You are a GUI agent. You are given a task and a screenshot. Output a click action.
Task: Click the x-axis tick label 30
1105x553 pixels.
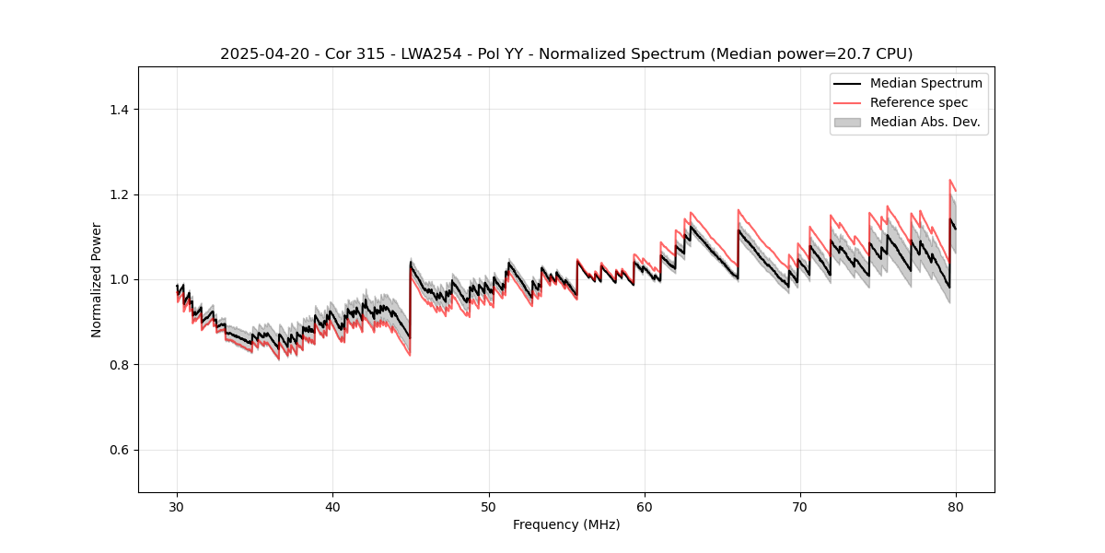pos(177,507)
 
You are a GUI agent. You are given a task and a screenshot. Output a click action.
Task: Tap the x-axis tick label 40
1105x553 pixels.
pos(332,507)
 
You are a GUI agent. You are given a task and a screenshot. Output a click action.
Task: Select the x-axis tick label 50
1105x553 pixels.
pos(489,507)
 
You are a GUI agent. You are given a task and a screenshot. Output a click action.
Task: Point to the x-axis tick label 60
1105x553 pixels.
pos(645,507)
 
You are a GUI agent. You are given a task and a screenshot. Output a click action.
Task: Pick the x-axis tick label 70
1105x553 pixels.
pos(800,507)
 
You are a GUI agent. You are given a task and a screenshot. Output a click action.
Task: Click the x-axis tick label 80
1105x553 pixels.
pos(956,507)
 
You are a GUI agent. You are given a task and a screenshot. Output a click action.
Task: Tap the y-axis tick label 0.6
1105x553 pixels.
pos(119,450)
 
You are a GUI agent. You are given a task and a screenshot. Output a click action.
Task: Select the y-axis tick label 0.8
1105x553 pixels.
pos(119,365)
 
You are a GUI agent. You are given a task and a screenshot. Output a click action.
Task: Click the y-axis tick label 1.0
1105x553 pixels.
pos(119,279)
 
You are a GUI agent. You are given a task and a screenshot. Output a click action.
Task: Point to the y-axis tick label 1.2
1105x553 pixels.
pos(119,194)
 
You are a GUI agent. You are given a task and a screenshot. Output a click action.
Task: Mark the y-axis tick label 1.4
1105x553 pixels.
pos(119,110)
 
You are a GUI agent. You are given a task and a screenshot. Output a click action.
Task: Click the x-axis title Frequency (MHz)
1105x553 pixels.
pos(566,525)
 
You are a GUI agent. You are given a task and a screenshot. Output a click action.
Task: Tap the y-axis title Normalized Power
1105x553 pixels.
pos(97,279)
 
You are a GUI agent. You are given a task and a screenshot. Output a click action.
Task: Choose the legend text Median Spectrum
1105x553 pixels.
pos(925,83)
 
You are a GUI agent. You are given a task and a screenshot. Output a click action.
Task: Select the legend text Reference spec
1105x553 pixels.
pos(919,102)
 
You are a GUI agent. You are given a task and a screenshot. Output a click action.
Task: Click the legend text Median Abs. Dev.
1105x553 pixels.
pos(925,122)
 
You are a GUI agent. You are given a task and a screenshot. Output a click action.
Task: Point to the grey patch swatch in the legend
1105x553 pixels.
pos(847,122)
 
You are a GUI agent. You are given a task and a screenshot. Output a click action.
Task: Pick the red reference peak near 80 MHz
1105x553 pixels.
pos(950,181)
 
